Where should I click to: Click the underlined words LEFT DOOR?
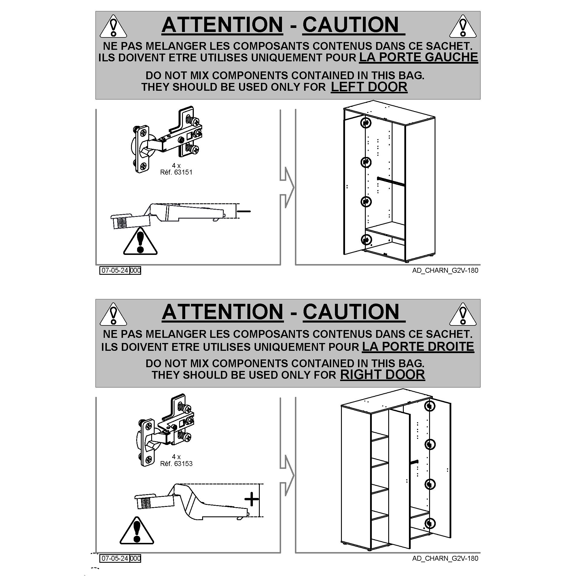[369, 87]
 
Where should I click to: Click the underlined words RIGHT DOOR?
[382, 375]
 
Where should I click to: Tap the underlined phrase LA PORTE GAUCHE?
[418, 57]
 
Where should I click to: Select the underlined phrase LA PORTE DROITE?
[418, 346]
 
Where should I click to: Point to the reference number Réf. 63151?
[176, 172]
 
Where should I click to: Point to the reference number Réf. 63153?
[176, 464]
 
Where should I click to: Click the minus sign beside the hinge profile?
[244, 211]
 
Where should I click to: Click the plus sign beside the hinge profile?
[251, 499]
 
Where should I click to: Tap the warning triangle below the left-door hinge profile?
[140, 242]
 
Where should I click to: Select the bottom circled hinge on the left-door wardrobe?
[366, 239]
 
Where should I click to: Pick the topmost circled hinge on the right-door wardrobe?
[430, 406]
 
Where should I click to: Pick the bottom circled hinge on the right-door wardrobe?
[430, 523]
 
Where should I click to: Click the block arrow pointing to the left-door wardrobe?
[287, 187]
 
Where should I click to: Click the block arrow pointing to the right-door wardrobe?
[287, 475]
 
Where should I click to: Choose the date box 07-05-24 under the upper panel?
[115, 270]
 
